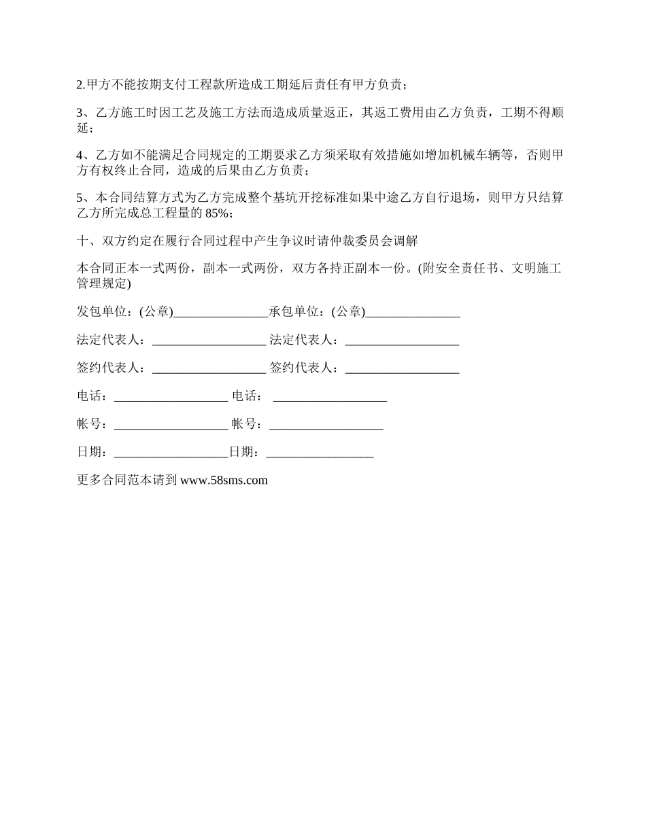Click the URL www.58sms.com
coord(224,481)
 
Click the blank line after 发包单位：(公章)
coord(221,314)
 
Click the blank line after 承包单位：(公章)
coord(413,314)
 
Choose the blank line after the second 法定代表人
coord(402,342)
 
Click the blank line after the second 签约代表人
coord(402,370)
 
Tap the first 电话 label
coord(89,396)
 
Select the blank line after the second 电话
coord(330,398)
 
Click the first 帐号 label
coord(89,424)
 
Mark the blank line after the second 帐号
coord(326,426)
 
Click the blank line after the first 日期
coord(171,454)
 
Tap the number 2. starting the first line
coord(81,85)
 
